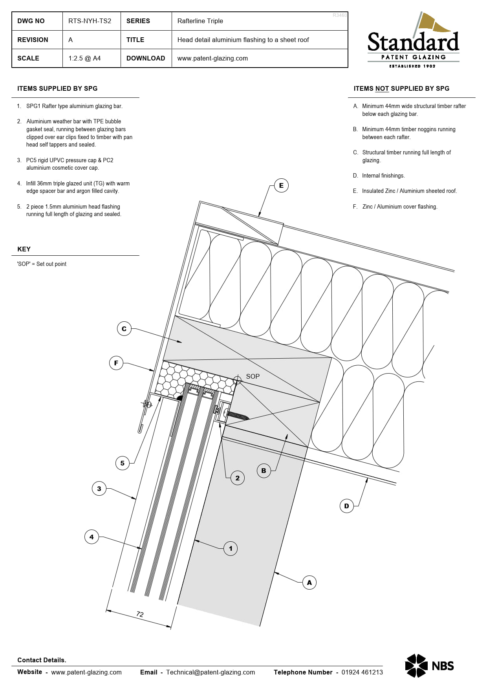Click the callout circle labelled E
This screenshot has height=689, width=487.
[x=281, y=185]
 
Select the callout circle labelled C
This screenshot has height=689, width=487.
[x=124, y=329]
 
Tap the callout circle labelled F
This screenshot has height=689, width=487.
[x=116, y=363]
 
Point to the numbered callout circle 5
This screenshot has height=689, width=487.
[x=123, y=463]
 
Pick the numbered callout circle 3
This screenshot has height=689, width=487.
[x=99, y=489]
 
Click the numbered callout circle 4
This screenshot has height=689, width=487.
[x=92, y=537]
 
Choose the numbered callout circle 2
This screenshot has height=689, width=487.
[x=237, y=478]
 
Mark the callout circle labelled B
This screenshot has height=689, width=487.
[x=264, y=471]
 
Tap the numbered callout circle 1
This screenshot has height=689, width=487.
[x=231, y=548]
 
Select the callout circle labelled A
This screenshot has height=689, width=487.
[x=309, y=583]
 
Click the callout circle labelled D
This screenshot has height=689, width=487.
[x=346, y=506]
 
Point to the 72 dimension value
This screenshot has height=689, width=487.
[x=140, y=614]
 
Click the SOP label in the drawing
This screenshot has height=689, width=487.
[x=253, y=376]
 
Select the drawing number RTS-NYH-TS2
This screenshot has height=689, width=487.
[x=90, y=21]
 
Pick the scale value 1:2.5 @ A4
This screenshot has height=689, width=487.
[x=84, y=58]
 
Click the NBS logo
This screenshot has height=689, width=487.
[x=430, y=666]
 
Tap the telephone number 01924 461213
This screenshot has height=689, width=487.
[x=362, y=672]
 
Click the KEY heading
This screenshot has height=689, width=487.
[x=24, y=249]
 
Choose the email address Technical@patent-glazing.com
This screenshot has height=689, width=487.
[x=211, y=672]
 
